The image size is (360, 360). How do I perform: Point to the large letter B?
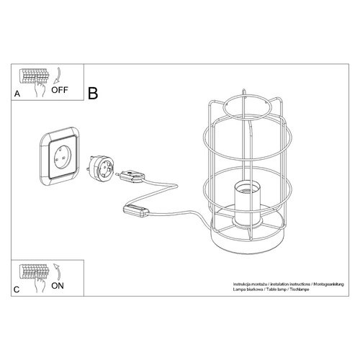point(93,94)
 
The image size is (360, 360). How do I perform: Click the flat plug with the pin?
point(133,174)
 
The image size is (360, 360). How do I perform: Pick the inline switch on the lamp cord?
point(137,210)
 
